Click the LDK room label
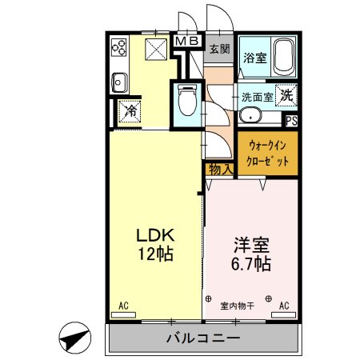(155, 245)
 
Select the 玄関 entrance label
(218, 48)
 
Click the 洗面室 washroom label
(258, 95)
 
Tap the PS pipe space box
(292, 122)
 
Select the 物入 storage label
(220, 169)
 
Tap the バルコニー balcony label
(202, 338)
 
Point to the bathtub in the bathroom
(283, 57)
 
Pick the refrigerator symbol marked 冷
(130, 110)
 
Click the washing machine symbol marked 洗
(286, 94)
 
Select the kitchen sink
(118, 82)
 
